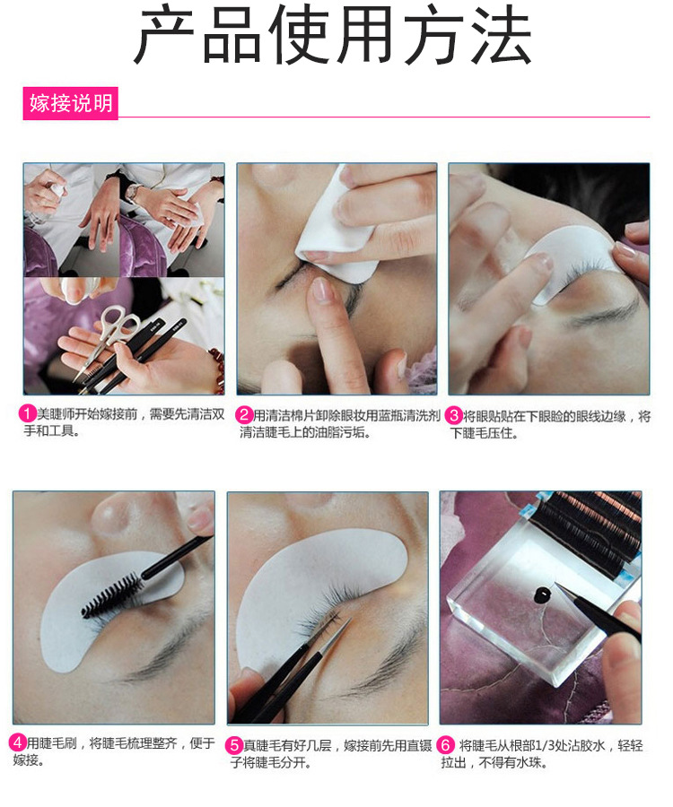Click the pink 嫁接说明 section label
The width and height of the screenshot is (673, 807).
[71, 103]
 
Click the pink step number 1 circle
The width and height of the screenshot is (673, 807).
[27, 413]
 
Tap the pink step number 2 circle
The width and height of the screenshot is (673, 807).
[244, 414]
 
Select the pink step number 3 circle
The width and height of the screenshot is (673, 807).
[455, 415]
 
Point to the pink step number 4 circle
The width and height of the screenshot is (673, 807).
[17, 742]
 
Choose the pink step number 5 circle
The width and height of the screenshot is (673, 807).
[234, 745]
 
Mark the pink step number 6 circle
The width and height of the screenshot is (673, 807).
[446, 745]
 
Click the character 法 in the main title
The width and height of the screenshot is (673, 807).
[502, 34]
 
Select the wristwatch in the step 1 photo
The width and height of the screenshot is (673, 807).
[134, 192]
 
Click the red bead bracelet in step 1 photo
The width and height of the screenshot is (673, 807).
[217, 368]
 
